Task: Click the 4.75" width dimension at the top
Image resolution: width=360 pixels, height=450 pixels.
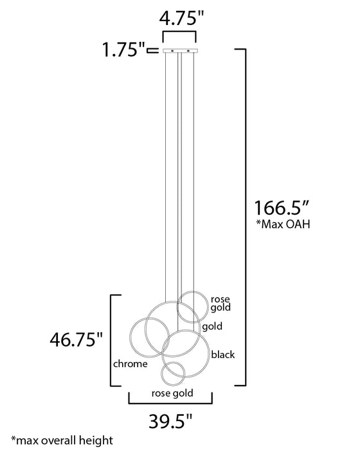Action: (181, 19)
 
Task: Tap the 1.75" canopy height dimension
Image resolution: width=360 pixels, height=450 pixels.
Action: (123, 50)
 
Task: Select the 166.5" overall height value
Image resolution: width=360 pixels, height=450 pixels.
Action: (282, 208)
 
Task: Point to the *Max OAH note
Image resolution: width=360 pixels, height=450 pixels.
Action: (283, 224)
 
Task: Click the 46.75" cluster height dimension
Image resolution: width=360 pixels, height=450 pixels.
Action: (76, 339)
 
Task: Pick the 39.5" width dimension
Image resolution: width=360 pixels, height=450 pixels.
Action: (170, 421)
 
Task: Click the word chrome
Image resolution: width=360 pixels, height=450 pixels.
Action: (130, 364)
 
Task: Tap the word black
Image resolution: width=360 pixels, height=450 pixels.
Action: (223, 354)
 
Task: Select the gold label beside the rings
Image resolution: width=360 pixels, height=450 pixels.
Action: (212, 327)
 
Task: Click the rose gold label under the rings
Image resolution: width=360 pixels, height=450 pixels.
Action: (172, 393)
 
